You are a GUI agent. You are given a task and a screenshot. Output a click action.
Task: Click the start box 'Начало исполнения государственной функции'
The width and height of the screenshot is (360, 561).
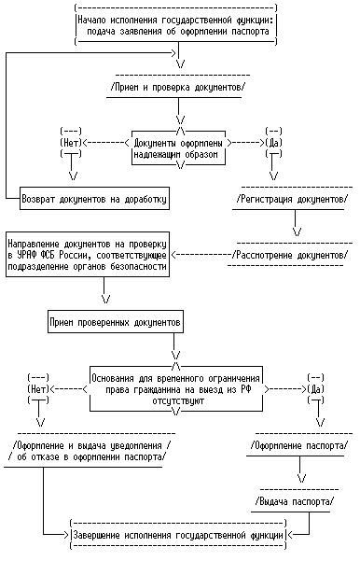coord(176,25)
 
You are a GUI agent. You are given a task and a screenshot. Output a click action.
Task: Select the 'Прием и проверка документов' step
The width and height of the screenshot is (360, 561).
coord(178,87)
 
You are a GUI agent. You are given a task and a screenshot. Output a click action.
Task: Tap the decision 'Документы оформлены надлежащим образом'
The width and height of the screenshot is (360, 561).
coord(178,148)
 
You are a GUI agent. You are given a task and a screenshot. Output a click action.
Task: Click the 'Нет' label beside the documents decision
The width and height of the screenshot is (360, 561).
coord(71,143)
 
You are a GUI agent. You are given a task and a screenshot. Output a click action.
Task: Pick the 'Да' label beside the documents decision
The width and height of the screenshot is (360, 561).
coord(273,143)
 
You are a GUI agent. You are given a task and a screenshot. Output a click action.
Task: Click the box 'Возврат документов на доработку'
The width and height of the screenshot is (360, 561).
coord(94,199)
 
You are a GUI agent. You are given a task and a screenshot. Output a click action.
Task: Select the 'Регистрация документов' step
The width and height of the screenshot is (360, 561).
coord(292,199)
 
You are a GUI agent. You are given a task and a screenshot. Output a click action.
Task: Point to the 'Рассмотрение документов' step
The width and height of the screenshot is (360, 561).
coord(289,255)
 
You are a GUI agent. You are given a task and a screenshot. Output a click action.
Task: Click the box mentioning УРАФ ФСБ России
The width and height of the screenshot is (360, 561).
coord(88,255)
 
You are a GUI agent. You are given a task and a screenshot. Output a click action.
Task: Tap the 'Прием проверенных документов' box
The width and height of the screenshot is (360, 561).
coord(116,322)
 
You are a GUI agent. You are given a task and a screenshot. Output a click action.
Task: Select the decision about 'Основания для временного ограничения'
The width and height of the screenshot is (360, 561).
coord(175,389)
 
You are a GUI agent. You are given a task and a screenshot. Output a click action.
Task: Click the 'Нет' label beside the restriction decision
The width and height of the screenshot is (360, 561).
coord(38,389)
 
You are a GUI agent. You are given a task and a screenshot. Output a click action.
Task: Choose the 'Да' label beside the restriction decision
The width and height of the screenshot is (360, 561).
coord(315,389)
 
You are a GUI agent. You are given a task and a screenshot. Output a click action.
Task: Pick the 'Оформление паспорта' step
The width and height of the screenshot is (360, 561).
coord(298,446)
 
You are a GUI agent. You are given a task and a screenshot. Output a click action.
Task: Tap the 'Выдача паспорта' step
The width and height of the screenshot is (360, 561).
coord(295,501)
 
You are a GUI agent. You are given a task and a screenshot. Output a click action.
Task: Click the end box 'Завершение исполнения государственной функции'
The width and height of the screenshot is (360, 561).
coord(178,535)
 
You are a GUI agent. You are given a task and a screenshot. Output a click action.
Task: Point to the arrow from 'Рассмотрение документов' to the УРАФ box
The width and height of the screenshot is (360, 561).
coord(201,255)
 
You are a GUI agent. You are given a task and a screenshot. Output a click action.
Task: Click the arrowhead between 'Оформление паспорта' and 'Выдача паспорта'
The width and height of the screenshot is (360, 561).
coord(302,478)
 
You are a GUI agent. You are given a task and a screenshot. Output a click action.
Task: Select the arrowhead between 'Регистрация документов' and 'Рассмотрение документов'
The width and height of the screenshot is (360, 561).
coord(297,231)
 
